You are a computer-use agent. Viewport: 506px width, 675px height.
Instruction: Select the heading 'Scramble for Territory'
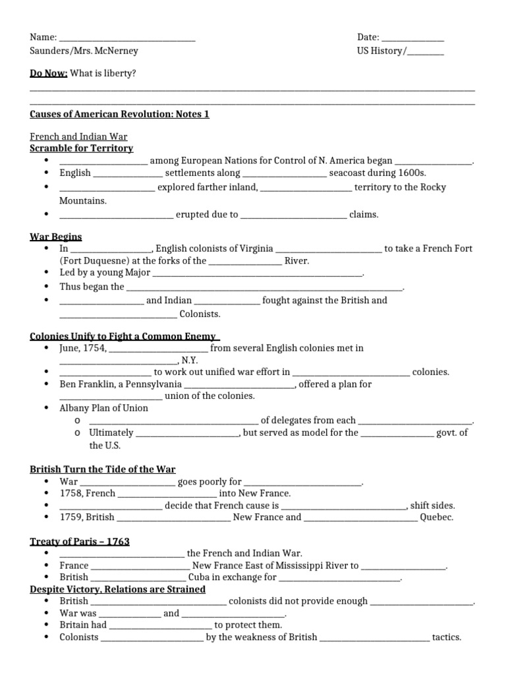point(82,148)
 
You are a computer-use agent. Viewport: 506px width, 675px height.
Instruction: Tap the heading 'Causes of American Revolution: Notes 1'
point(119,114)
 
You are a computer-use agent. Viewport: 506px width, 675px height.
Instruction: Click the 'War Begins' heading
point(56,237)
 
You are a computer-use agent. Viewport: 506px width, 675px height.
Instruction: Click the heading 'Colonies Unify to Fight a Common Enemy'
point(124,336)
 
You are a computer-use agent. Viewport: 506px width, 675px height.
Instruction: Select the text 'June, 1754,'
point(82,347)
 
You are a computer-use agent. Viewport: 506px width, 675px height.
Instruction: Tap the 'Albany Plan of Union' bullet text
point(104,407)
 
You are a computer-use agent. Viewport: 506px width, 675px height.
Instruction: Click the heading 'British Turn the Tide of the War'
point(103,469)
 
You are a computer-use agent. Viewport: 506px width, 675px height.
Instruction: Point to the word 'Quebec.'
point(437,517)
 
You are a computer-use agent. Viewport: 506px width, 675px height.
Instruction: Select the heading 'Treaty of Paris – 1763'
point(80,541)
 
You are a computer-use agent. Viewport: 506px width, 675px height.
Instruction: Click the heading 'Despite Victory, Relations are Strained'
point(118,589)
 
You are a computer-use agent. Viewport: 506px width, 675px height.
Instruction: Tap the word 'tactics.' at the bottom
point(446,637)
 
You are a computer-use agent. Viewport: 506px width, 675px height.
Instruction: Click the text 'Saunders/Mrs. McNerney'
point(84,51)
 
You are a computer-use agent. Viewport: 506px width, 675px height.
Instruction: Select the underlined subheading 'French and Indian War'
point(78,136)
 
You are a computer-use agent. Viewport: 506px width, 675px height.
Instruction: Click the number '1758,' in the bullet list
point(71,493)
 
